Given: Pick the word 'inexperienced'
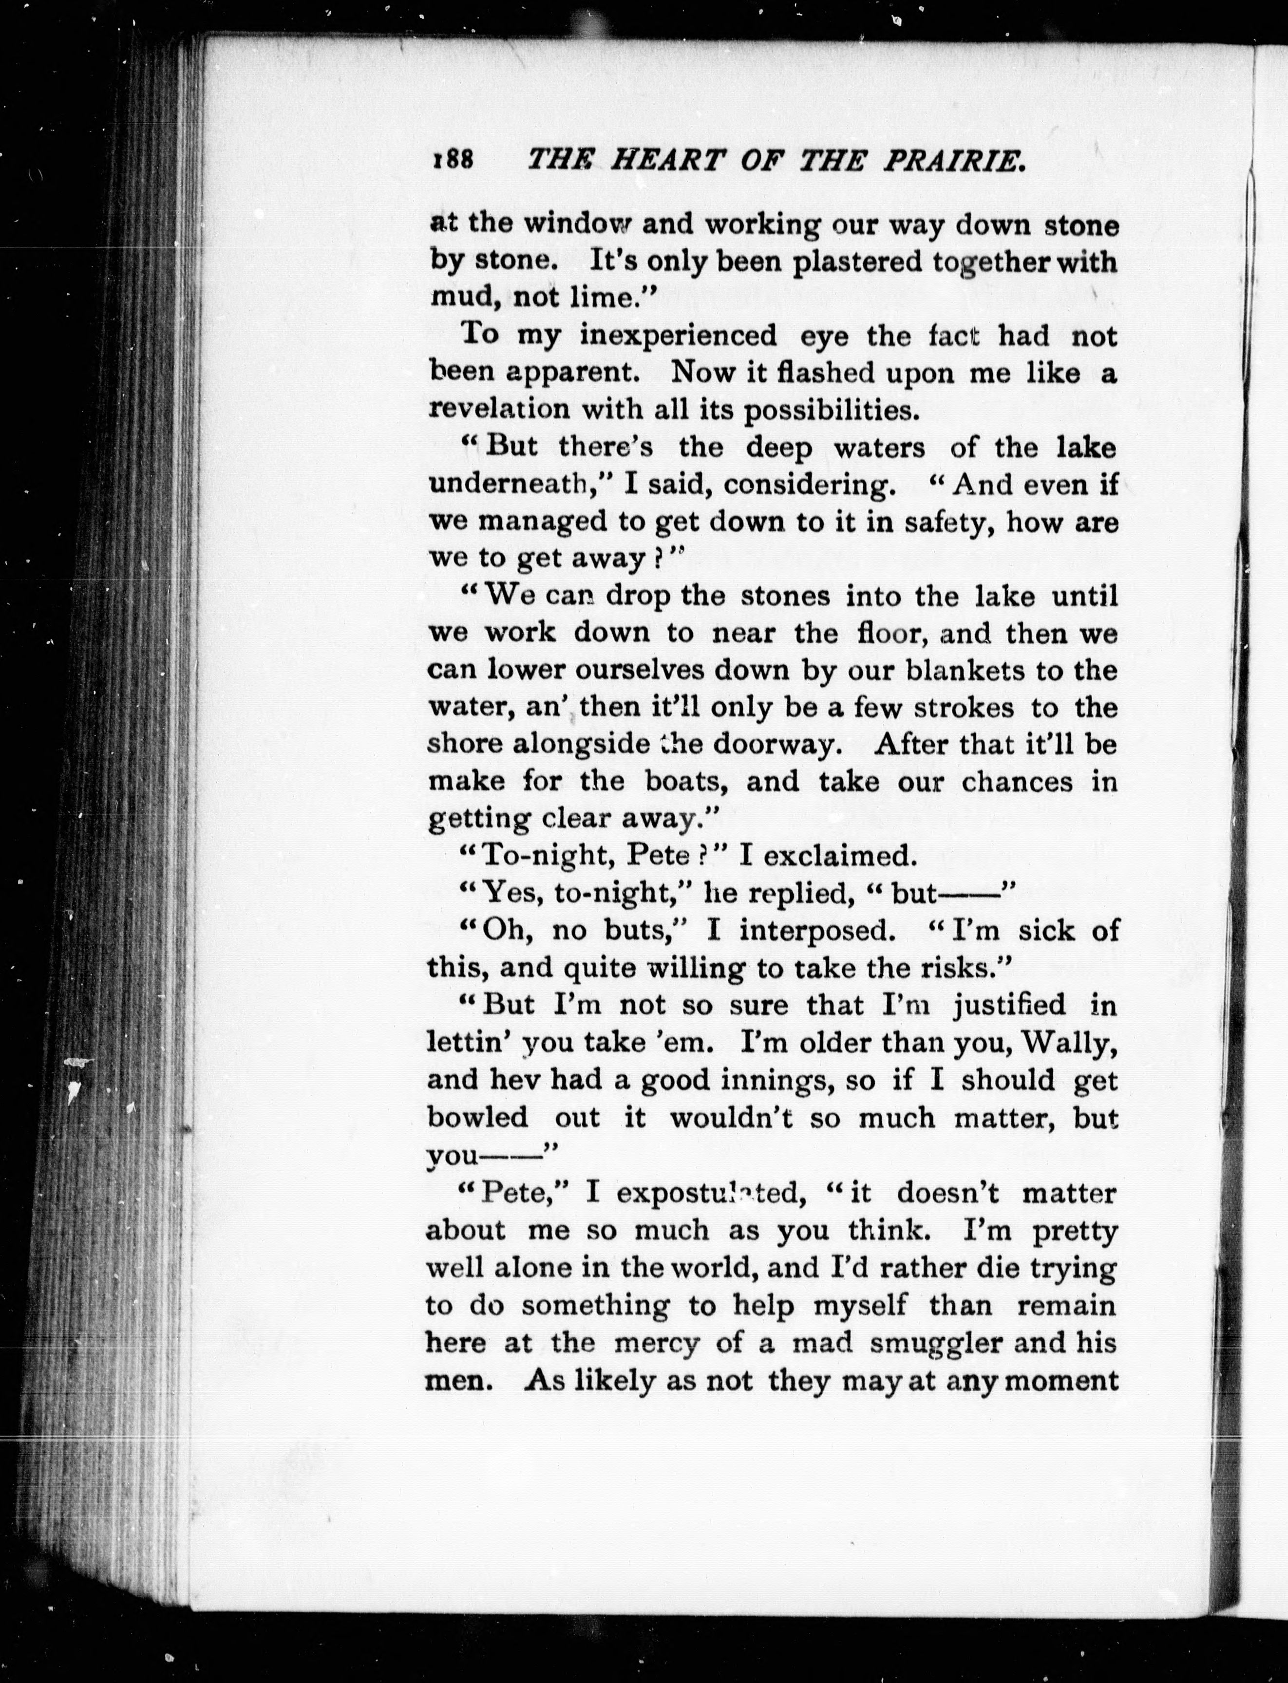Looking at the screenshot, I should [678, 336].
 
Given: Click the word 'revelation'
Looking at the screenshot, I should [498, 409].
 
